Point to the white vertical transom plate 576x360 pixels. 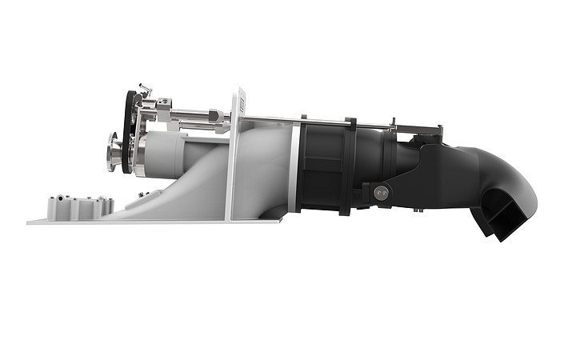(x=234, y=160)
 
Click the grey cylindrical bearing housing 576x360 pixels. (x=164, y=154)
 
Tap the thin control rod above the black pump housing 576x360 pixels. (x=320, y=122)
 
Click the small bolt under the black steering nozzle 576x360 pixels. (x=418, y=210)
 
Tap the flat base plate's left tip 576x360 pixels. (x=30, y=222)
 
